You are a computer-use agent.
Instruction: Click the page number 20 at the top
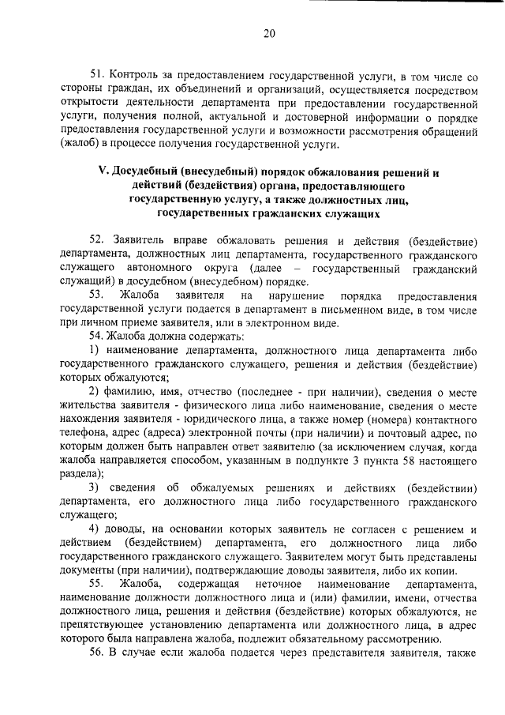click(269, 33)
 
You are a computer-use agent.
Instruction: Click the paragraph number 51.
click(97, 73)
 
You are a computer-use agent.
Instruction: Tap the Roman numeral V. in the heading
click(102, 171)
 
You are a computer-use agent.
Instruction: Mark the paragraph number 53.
click(97, 295)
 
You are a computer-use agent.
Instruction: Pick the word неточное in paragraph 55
click(266, 584)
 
